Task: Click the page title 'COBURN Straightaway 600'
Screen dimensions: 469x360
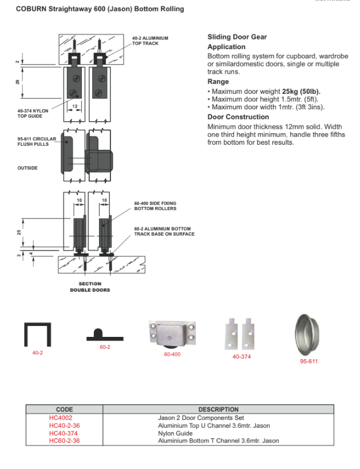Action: coord(100,9)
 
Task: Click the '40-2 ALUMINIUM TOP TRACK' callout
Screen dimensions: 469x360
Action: coord(149,41)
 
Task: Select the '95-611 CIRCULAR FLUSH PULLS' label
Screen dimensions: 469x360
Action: coord(37,141)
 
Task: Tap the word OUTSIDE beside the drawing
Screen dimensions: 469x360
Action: coord(27,168)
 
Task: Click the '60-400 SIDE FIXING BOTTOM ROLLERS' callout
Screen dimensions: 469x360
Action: coord(155,206)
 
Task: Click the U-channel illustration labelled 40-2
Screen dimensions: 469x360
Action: coord(37,334)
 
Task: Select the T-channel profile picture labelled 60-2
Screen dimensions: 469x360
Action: coord(105,335)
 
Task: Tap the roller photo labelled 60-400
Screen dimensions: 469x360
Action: coord(172,333)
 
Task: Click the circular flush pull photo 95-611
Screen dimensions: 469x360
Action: coord(308,335)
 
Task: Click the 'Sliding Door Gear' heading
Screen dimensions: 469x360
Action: coord(237,37)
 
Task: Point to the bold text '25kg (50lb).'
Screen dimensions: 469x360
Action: coord(301,92)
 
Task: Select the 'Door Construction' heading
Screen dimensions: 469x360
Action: coord(238,117)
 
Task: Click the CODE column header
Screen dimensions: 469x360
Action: coord(64,410)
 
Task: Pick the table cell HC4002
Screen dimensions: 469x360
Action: coord(61,418)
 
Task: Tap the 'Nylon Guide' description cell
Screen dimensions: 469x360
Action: coord(175,434)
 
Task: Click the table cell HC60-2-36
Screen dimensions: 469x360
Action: coord(64,441)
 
